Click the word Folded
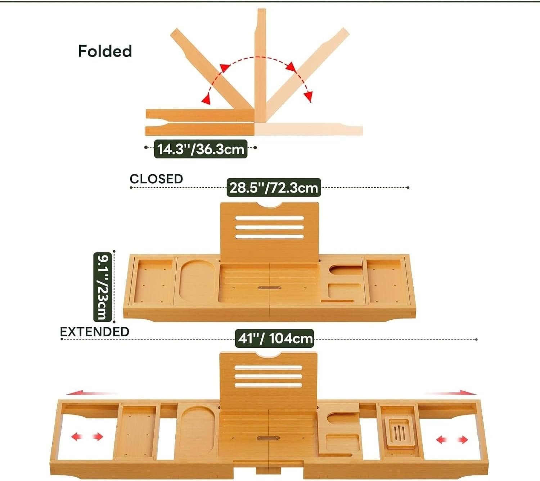click(105, 51)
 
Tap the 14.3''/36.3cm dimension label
click(201, 149)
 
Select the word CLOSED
click(156, 179)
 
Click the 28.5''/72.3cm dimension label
click(274, 188)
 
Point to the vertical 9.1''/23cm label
click(103, 287)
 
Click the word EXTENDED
click(95, 332)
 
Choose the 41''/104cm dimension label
click(275, 339)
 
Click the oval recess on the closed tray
click(197, 282)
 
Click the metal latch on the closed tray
click(269, 288)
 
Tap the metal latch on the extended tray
click(269, 438)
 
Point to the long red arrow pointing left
click(92, 393)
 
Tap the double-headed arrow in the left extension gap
click(87, 437)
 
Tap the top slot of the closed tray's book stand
click(270, 218)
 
